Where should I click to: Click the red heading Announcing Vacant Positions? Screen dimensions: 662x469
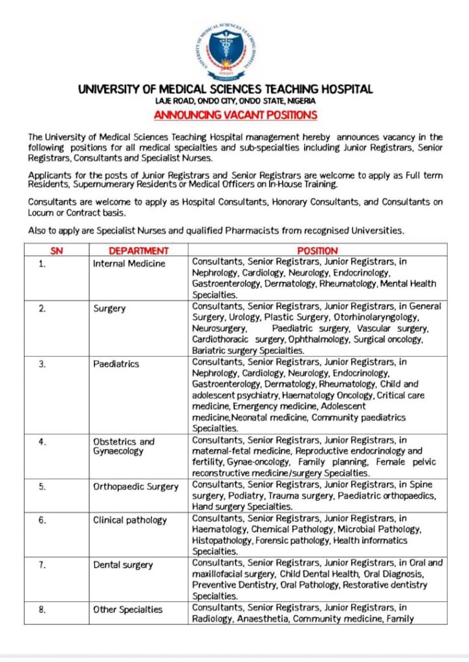(x=235, y=115)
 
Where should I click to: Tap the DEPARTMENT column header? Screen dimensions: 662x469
(x=138, y=251)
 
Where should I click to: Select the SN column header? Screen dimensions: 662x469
(x=56, y=251)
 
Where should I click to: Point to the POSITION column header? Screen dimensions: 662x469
(x=317, y=251)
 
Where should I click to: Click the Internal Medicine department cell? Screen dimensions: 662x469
(x=129, y=264)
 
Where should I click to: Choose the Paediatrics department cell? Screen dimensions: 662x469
(x=116, y=364)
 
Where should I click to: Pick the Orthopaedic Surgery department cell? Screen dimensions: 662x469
(x=135, y=487)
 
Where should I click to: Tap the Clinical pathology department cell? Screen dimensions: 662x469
(x=129, y=520)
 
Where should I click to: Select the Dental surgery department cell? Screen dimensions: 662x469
(x=123, y=565)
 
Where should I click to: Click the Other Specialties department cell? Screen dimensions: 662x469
(x=127, y=609)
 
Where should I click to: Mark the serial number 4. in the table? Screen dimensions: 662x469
(x=42, y=442)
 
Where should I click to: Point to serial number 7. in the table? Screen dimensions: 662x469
(x=42, y=565)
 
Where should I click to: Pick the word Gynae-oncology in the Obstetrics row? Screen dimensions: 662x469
(x=257, y=462)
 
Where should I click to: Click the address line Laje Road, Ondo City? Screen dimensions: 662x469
(x=235, y=101)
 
